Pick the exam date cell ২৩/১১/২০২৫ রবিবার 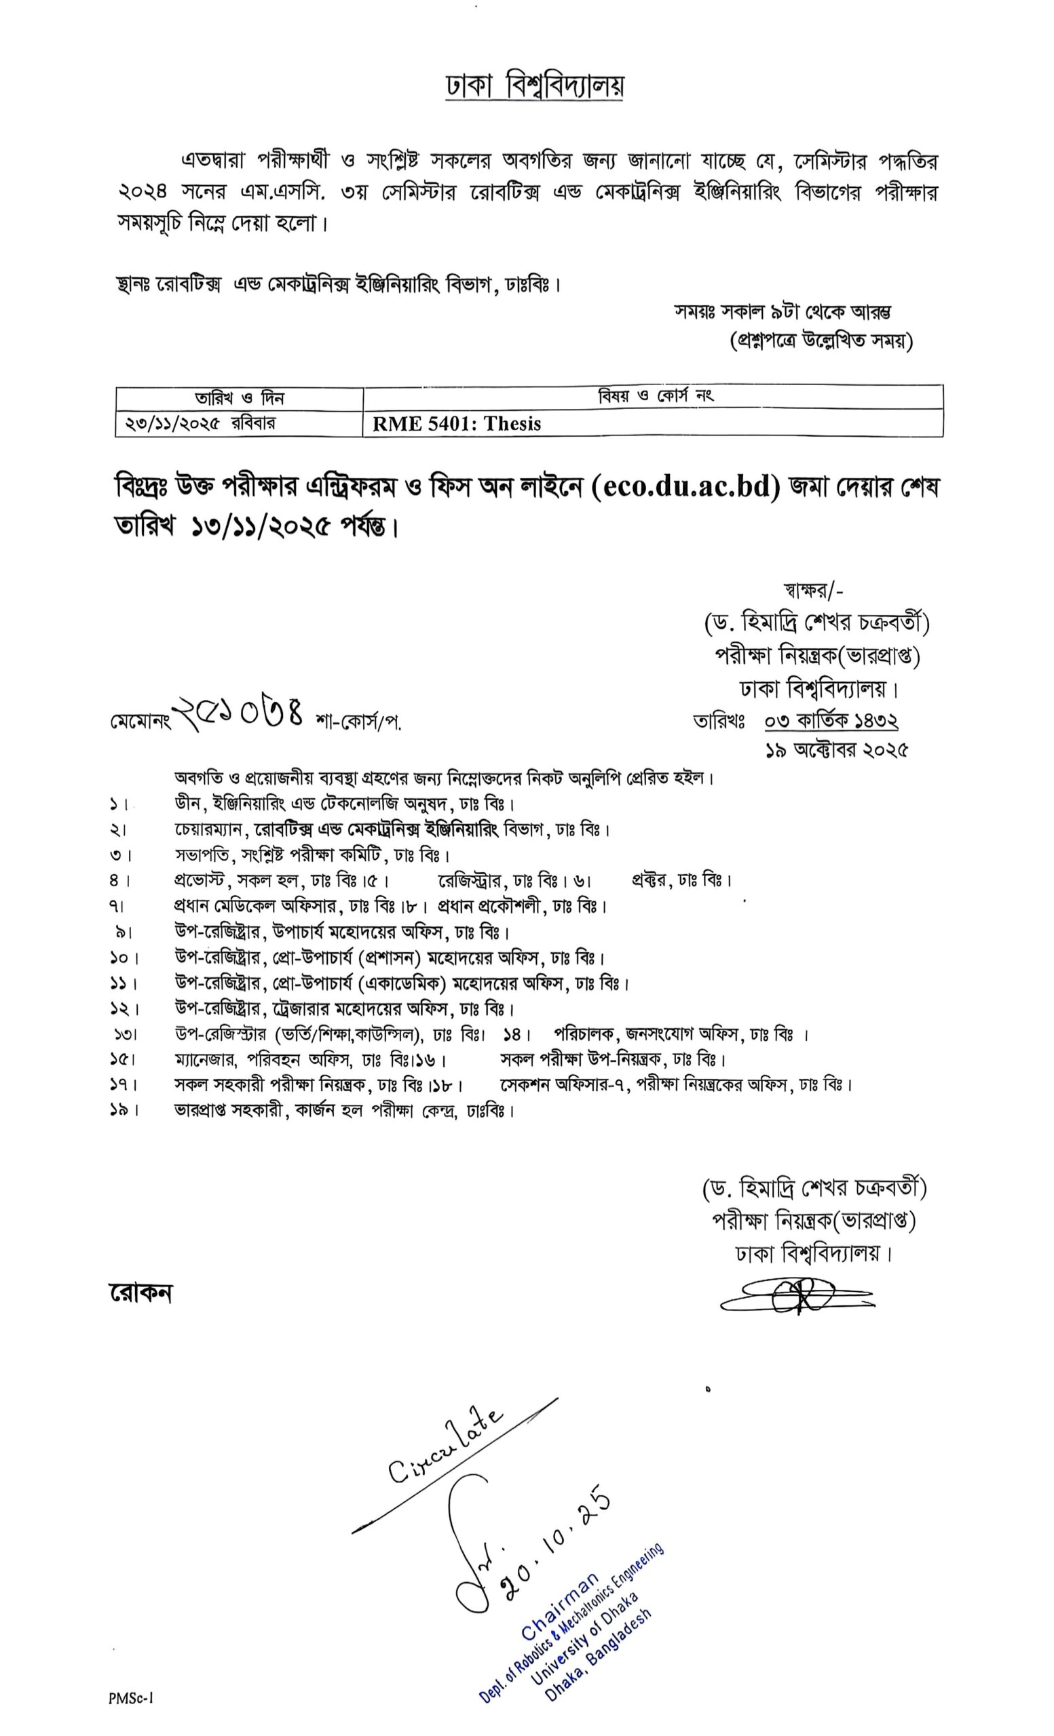tap(200, 423)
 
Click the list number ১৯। tap(123, 1110)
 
